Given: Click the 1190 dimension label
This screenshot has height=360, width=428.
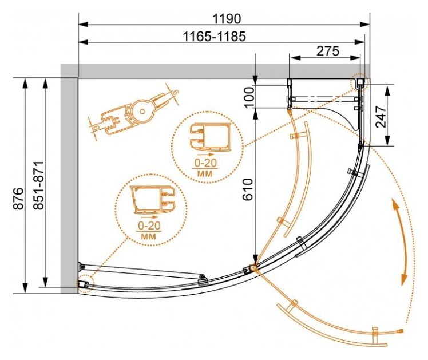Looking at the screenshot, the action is coord(226,19).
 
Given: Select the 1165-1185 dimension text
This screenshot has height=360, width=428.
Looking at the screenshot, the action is coord(214,37).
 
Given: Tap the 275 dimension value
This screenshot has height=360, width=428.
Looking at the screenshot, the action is coord(327,51).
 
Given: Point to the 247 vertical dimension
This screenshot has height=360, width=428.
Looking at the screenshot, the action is coord(381,117).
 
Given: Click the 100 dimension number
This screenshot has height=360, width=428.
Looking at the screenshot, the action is coord(249,97).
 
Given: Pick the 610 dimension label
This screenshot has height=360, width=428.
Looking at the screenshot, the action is coord(248,189).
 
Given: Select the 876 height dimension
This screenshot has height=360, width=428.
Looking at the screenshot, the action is coord(18,199).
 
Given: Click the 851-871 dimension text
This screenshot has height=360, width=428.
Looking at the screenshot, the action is coord(38,185).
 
